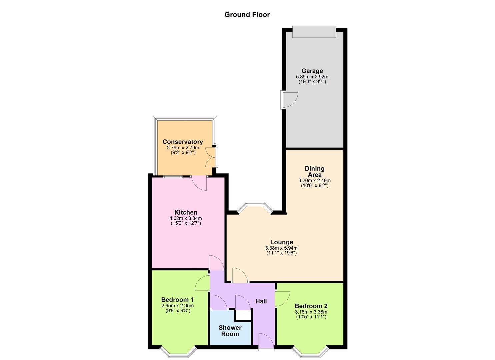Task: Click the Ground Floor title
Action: tap(247, 15)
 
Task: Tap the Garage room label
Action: tap(312, 71)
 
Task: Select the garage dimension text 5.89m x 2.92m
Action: tap(312, 77)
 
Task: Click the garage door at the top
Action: tap(314, 32)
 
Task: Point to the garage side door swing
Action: tap(289, 100)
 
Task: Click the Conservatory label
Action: tap(183, 142)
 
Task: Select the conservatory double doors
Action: tap(211, 157)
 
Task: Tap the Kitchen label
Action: tap(186, 212)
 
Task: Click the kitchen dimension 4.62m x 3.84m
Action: tap(186, 218)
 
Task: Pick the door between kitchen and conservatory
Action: tap(199, 183)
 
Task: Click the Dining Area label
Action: tap(314, 172)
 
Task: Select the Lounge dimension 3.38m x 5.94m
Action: tap(281, 248)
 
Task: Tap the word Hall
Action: tap(261, 301)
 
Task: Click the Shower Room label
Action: tap(230, 331)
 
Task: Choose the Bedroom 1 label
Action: tap(177, 300)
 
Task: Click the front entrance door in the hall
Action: tap(266, 341)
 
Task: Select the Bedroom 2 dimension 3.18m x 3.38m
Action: tap(311, 312)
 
